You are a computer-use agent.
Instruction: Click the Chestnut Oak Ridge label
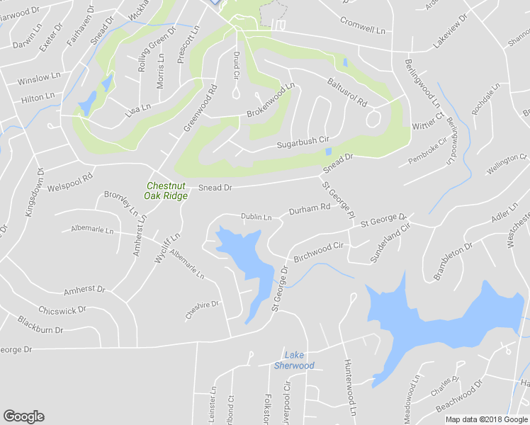coord(167,191)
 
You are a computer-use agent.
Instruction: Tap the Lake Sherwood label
coord(294,360)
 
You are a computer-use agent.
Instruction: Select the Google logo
coord(23,416)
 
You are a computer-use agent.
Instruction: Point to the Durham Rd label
coord(310,209)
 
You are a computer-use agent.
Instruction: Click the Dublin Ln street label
coord(256,217)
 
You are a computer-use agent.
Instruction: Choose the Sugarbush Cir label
coord(303,143)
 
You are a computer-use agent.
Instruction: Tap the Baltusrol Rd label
coord(346,93)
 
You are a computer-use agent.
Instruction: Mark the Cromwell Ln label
coord(362,25)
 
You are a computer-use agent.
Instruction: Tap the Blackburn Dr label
coord(40,324)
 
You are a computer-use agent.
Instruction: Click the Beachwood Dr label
coord(459,396)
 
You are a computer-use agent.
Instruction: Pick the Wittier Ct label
coord(428,120)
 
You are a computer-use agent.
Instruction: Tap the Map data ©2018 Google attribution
coord(487,419)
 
